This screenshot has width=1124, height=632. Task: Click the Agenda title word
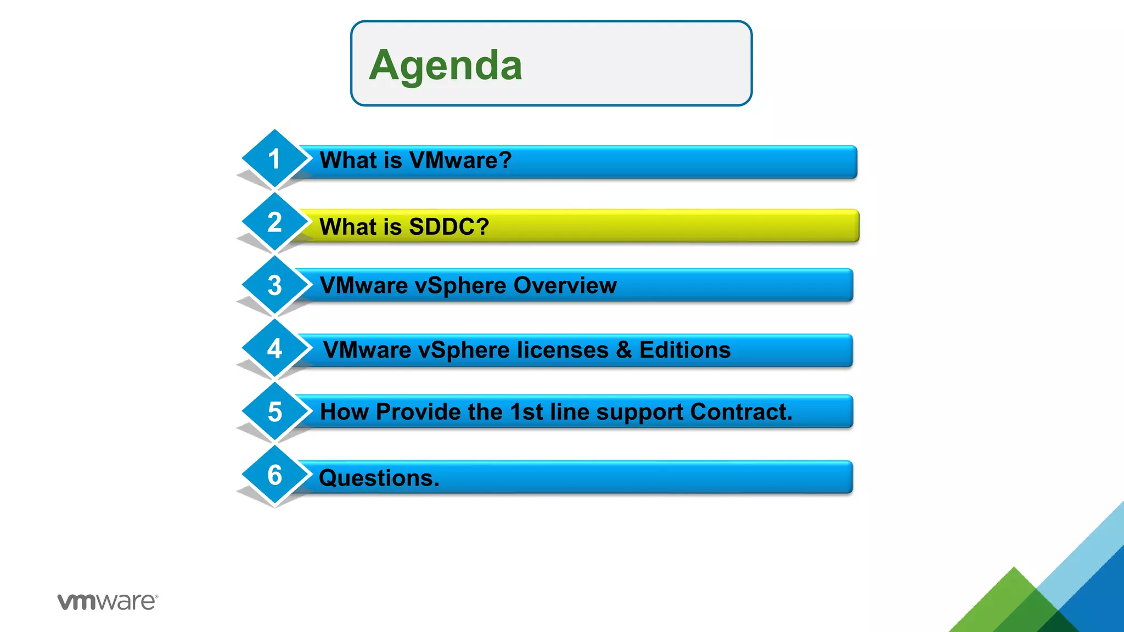pos(445,65)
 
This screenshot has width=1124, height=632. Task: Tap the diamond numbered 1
pos(274,159)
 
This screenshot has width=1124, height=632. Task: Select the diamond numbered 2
pos(274,222)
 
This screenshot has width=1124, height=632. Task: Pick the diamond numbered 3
pos(274,285)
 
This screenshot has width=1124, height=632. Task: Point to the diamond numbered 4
pos(274,348)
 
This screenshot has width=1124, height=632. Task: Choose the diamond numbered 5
pos(274,411)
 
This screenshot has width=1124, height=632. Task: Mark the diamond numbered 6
pos(274,475)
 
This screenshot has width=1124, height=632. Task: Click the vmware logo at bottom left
pos(108,601)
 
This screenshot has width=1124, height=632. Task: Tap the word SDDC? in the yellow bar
pos(448,227)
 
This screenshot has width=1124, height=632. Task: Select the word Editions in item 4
pos(685,350)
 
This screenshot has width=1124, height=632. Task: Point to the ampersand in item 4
pos(624,350)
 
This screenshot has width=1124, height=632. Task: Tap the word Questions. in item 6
pos(379,478)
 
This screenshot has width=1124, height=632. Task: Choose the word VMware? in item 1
pos(460,160)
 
